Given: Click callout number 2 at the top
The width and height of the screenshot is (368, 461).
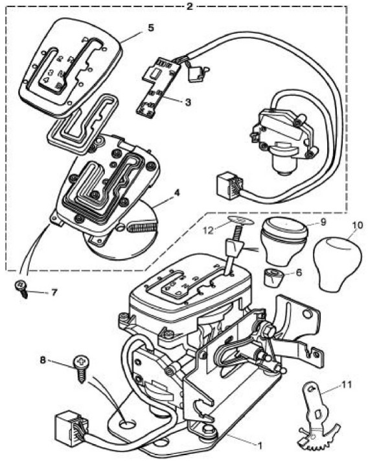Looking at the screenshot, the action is (x=190, y=6).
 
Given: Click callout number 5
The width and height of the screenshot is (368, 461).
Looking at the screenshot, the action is (x=150, y=28).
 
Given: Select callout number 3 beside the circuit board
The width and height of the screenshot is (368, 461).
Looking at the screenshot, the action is (x=188, y=102).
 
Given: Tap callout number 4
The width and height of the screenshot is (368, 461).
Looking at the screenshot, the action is (x=177, y=193).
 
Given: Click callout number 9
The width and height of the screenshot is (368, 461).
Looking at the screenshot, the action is (x=323, y=222).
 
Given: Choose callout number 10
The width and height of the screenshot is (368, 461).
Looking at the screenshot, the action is (x=358, y=225).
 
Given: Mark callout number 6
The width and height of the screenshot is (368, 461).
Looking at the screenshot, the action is (x=299, y=273).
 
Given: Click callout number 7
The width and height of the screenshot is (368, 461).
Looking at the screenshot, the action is (x=54, y=293).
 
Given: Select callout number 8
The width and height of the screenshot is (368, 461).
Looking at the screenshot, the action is (x=43, y=360).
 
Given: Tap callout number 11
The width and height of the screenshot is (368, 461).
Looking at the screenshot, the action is (x=346, y=384).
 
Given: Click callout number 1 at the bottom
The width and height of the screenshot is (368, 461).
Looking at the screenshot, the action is (x=259, y=445).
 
